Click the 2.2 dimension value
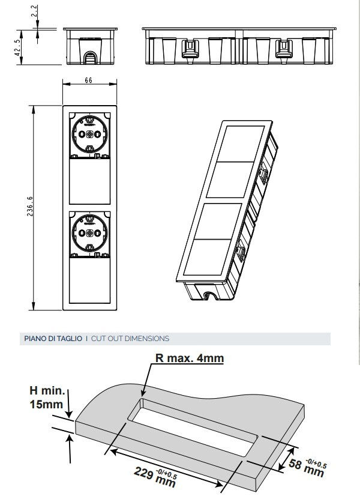tap(35, 11)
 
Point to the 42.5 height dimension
tap(18, 47)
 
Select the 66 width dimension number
tap(88, 80)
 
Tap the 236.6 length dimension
tap(29, 206)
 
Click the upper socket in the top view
tap(89, 135)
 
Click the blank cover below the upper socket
tap(89, 181)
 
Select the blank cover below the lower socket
tap(89, 280)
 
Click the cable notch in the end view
tap(91, 58)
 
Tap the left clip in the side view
tap(190, 49)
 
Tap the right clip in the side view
tap(284, 49)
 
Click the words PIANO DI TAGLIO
tap(53, 339)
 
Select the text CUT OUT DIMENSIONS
tap(130, 339)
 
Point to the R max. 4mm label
tap(190, 358)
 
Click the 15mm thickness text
tap(46, 405)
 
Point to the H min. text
tap(47, 390)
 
